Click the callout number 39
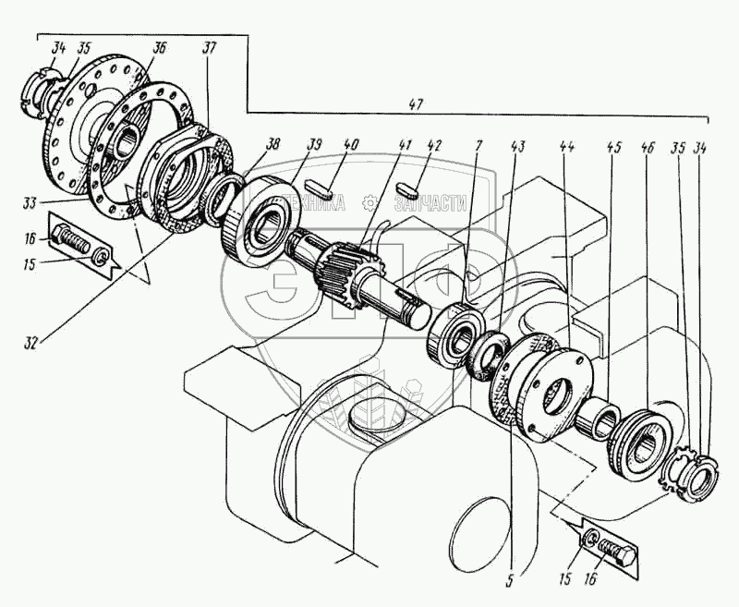[x=316, y=145]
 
